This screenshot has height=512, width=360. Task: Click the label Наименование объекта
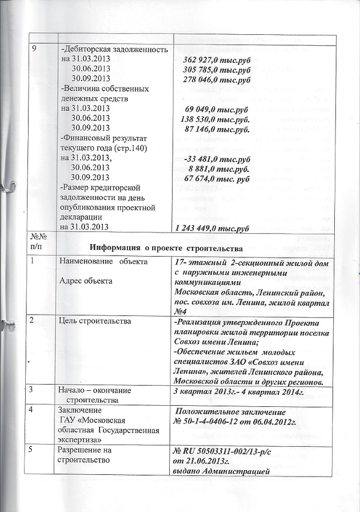100,262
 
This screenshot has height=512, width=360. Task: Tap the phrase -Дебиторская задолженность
114,50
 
